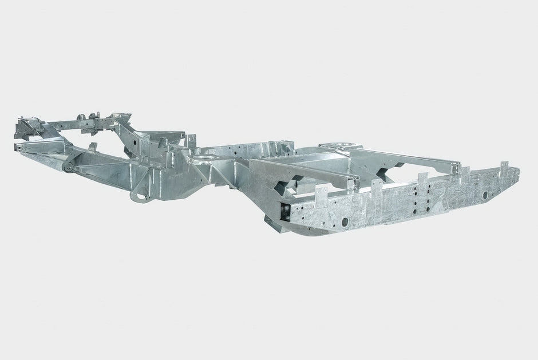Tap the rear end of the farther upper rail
point(456,167)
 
